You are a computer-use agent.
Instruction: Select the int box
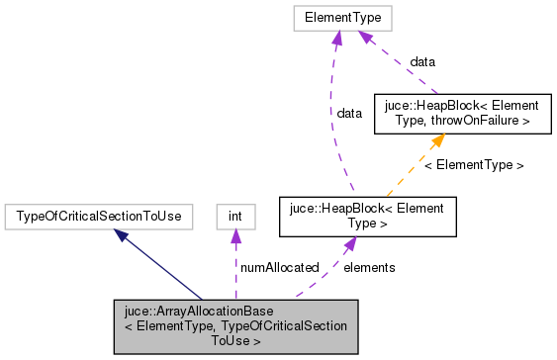pos(234,215)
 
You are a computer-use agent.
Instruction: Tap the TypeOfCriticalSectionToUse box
pos(99,215)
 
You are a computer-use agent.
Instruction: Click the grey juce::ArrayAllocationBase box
pos(235,325)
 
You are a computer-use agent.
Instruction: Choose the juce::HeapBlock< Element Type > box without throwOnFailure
pos(367,216)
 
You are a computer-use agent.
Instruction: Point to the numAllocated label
pos(278,267)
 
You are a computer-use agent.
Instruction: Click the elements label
pos(369,267)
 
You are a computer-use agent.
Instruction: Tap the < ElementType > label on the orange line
pos(474,164)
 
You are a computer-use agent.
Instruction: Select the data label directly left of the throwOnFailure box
pos(349,114)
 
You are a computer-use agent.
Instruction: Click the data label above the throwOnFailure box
pos(422,61)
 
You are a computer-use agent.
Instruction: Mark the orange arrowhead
pos(436,140)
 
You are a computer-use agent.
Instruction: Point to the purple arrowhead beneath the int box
pos(234,234)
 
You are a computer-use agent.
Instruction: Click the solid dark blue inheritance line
pos(163,267)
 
